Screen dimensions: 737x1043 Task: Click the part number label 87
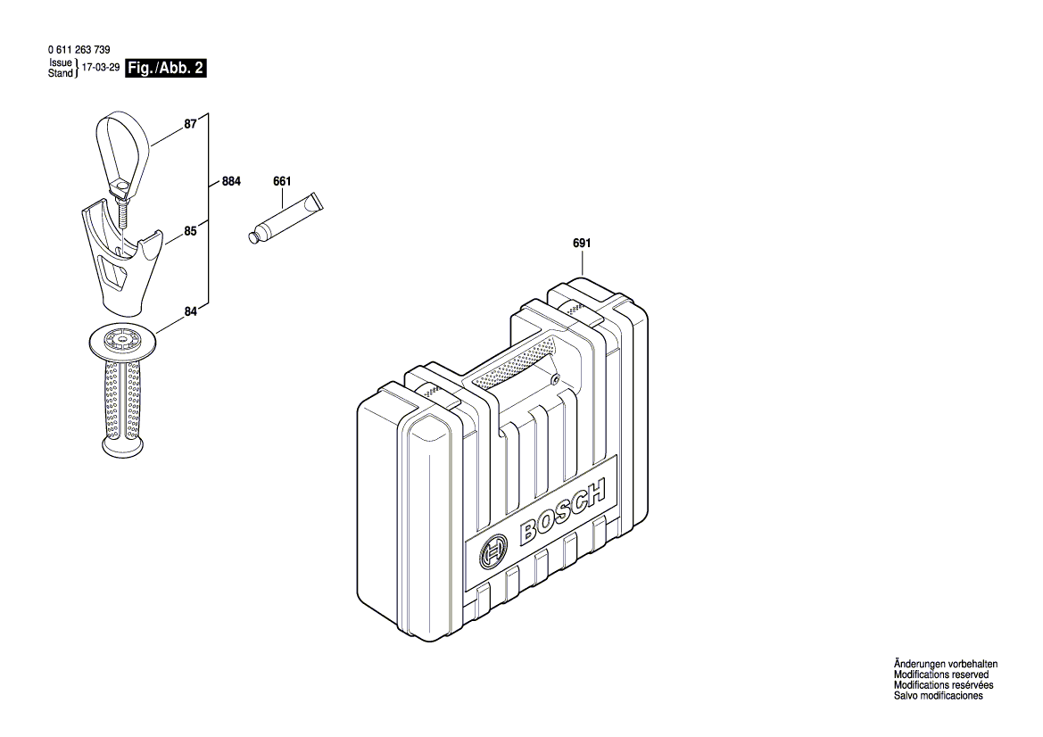click(x=190, y=126)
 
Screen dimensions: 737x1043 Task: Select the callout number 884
click(x=231, y=181)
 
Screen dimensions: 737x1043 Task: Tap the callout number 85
click(x=190, y=231)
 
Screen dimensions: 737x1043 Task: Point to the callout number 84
click(x=190, y=311)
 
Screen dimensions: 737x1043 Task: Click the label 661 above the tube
click(x=281, y=181)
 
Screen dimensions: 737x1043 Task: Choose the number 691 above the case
click(x=582, y=243)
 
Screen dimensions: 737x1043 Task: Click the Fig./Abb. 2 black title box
click(x=166, y=69)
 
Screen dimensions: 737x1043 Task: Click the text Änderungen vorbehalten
click(x=945, y=665)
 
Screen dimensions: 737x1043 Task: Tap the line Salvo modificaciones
click(x=938, y=696)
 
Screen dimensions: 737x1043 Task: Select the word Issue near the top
click(x=61, y=63)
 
